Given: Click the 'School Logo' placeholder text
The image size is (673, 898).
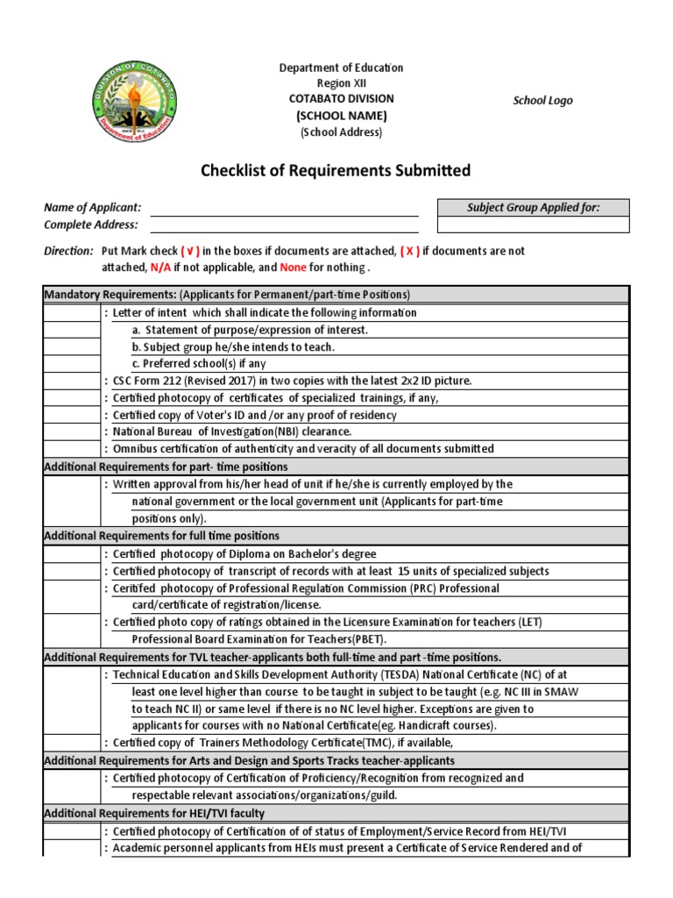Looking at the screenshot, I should pos(542,101).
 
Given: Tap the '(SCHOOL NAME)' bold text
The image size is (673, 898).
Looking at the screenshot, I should pos(341,116).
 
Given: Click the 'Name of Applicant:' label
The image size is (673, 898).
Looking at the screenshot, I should pos(93,208).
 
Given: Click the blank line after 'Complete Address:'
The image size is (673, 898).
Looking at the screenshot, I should pos(284,224).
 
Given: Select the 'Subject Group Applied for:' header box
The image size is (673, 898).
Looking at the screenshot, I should pos(533,208).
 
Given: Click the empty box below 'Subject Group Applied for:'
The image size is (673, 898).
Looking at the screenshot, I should pos(533,224).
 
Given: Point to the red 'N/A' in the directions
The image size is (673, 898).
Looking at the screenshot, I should pos(159,267).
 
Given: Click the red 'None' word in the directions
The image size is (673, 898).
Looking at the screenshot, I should pos(294,267).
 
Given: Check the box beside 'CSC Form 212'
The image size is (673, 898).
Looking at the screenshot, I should pos(71,381).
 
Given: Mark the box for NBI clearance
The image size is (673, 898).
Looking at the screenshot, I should pos(71,431).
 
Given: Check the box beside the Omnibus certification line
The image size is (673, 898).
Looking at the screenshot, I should pos(71,449).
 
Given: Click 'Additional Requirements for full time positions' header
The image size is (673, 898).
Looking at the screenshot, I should pos(162,536).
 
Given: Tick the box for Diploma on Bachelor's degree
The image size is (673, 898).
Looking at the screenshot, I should pos(71,553).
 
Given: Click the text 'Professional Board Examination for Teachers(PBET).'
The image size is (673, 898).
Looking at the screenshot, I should pos(259,639).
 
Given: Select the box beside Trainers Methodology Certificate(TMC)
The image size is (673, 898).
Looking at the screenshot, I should pos(71,743).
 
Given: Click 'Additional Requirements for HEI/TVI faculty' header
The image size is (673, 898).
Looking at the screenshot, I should pos(154,813).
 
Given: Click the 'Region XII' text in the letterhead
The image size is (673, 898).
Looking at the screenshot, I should pos(341,83).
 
